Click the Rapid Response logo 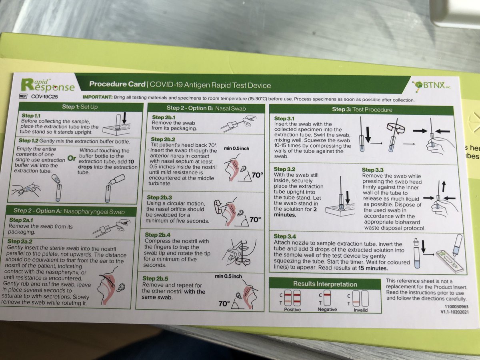pos(48,85)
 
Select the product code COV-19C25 pos(44,97)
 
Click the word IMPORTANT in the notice pos(98,97)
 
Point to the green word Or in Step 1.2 pos(72,158)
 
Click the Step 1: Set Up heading pos(80,107)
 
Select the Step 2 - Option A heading pos(69,211)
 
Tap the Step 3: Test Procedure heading pos(362,110)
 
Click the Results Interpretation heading pos(325,284)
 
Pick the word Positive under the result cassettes pos(292,310)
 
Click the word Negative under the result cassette pos(327,310)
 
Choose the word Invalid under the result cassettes pos(361,310)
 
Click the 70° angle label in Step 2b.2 pos(257,175)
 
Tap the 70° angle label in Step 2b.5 pos(224,304)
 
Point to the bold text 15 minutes pos(373,268)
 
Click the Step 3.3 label pos(372,170)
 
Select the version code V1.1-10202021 pos(455,312)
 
